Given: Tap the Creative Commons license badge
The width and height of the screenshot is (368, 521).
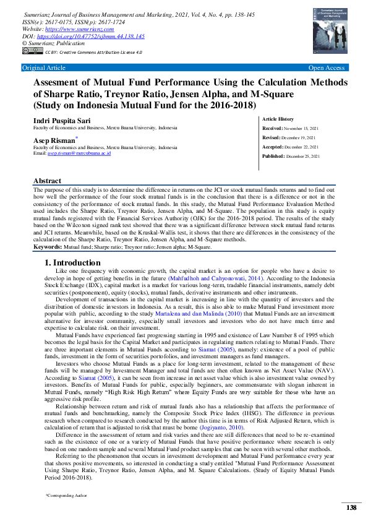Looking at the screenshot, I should point(28,53).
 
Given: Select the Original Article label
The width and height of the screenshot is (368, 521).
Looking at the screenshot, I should point(43,67).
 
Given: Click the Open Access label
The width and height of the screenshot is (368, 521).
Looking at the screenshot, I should point(327,67).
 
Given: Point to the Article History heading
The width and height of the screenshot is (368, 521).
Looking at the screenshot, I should point(296,118).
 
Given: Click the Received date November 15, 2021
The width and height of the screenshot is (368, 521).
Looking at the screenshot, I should point(301,127).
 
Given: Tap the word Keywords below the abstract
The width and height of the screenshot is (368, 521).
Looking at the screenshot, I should point(52,247).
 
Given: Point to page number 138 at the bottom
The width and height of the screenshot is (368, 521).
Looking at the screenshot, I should point(351,507).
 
